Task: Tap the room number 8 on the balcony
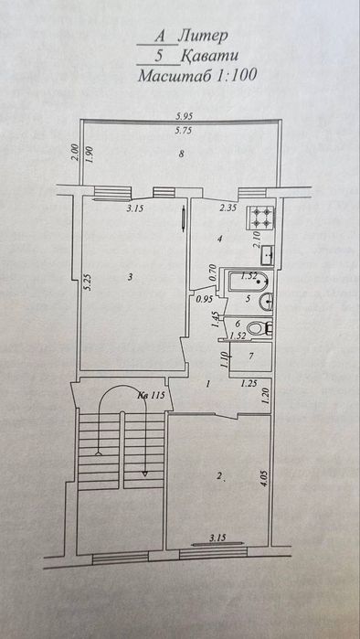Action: tap(183, 154)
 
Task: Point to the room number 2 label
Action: tap(219, 475)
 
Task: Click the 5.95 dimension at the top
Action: tap(184, 115)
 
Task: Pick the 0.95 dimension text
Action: tap(204, 298)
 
